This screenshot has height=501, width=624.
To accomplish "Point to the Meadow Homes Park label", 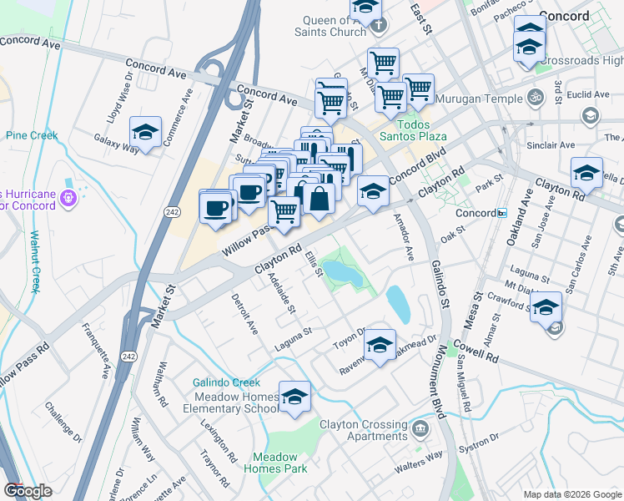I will click(x=274, y=463).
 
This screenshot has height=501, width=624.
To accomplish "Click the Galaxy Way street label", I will click(x=116, y=144).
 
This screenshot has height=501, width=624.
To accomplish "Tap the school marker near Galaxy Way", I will click(x=145, y=133).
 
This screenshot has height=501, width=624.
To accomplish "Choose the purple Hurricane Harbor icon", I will click(x=68, y=199).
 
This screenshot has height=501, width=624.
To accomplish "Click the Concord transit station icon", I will click(x=501, y=213).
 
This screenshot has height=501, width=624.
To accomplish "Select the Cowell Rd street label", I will click(x=476, y=351).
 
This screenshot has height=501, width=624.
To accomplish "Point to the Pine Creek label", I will click(x=30, y=134).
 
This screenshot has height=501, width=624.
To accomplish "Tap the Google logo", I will click(x=28, y=491).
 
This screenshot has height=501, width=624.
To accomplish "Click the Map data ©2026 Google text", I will click(x=571, y=494).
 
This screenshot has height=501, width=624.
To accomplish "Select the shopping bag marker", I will click(x=320, y=199).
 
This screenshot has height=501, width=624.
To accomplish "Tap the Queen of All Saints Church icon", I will click(x=379, y=26).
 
